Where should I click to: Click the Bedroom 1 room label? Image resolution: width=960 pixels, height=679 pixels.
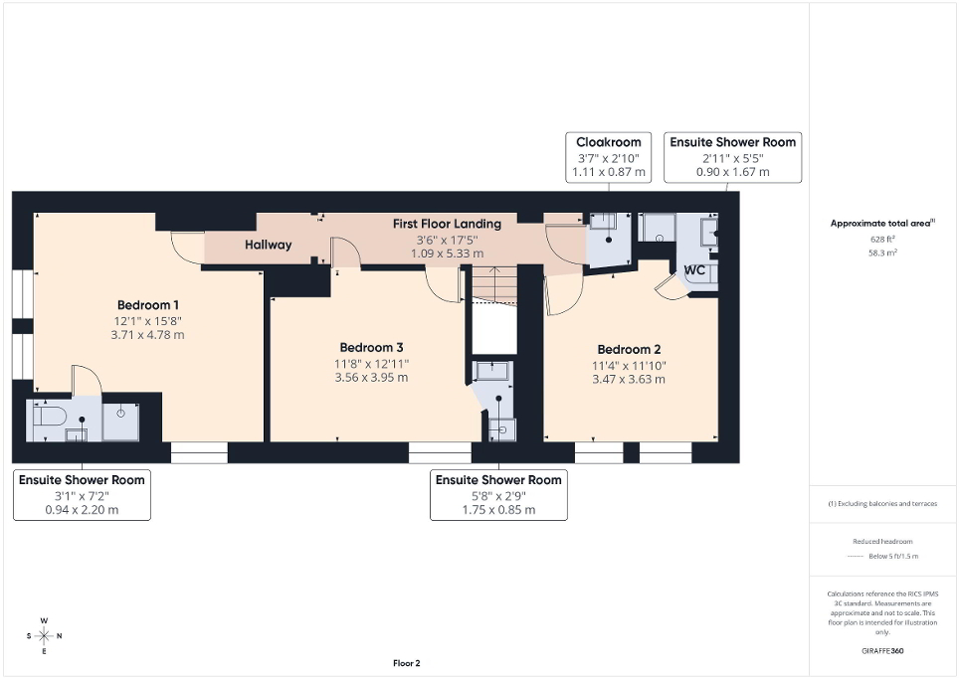pos(148,304)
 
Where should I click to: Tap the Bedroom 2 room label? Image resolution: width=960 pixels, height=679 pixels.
pos(629,349)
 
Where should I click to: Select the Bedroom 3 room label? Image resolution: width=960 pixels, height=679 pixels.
pos(371,347)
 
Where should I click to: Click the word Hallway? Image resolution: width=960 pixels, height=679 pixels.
pos(269,245)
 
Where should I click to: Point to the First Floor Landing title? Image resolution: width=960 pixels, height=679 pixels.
pos(446,224)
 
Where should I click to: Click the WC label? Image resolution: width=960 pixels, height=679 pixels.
pos(694,270)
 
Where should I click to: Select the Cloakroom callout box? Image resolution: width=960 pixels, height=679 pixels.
pos(608,157)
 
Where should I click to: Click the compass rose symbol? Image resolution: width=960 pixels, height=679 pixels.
pos(44,635)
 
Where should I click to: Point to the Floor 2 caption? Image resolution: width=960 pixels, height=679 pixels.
pos(406,663)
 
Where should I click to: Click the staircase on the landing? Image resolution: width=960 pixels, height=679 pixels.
pos(492,285)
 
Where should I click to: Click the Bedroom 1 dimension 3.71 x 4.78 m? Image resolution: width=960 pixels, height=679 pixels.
pos(148,335)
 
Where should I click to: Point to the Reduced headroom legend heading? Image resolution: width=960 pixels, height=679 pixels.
pos(883,542)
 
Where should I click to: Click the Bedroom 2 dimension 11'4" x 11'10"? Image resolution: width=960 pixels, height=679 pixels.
pos(629,365)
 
